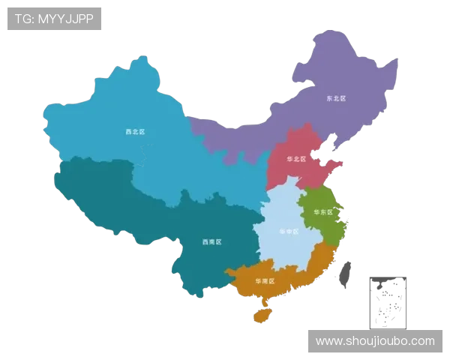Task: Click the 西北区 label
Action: point(135,132)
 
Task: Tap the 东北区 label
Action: point(335,98)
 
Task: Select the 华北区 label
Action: point(297,159)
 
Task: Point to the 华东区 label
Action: point(322,212)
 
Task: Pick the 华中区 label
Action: point(288,232)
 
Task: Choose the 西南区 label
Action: point(212,242)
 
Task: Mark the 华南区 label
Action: point(265,281)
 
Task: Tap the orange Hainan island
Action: point(262,316)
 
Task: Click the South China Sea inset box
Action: point(387,301)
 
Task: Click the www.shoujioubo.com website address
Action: point(375,341)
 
